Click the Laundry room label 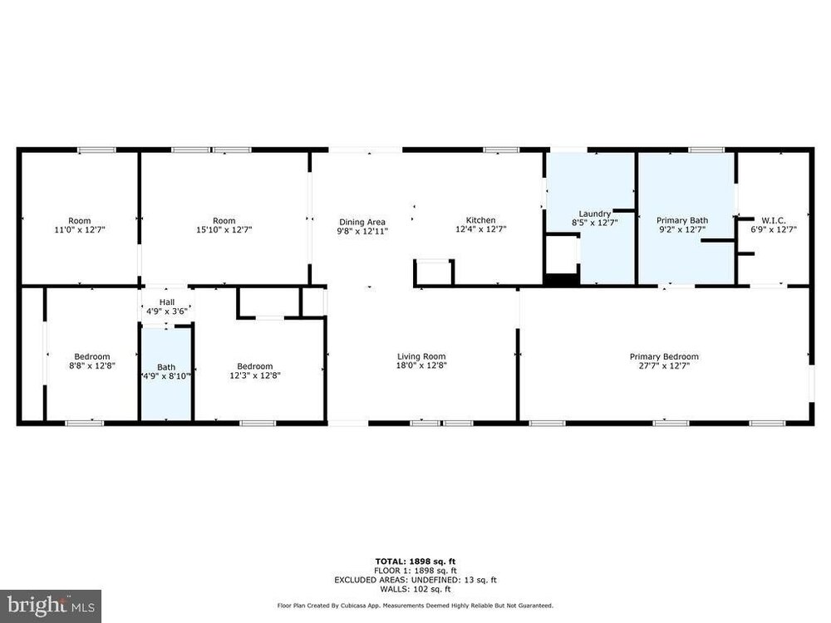[x=595, y=213]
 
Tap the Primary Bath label [x=682, y=220]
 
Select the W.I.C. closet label [x=774, y=220]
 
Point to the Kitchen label [x=480, y=220]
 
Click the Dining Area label [x=362, y=223]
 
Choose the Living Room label [x=422, y=356]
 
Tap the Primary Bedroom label [x=664, y=356]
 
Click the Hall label [x=167, y=302]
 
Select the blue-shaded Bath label [x=166, y=367]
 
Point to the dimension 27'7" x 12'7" [x=664, y=365]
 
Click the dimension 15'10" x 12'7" [x=224, y=230]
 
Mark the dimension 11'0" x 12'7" [x=80, y=230]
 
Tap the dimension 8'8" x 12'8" [x=92, y=365]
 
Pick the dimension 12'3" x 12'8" [x=255, y=375]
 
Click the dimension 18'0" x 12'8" [x=422, y=365]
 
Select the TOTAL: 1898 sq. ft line [x=415, y=562]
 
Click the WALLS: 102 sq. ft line [x=415, y=589]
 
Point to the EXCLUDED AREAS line [x=415, y=580]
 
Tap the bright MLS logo [x=51, y=605]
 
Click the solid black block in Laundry [x=562, y=281]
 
